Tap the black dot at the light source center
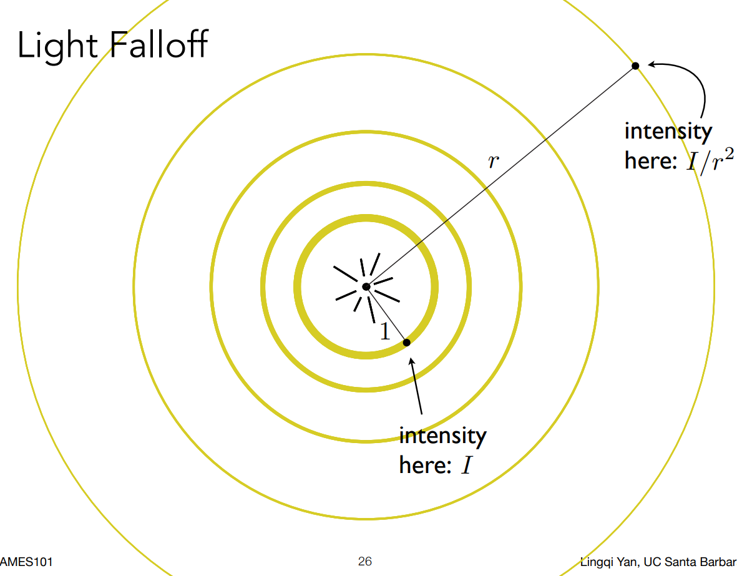(x=366, y=286)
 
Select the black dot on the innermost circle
(x=406, y=342)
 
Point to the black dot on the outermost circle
(x=635, y=66)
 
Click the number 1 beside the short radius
(x=385, y=332)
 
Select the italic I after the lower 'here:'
(x=466, y=466)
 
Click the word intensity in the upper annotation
(x=668, y=132)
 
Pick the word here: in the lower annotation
(x=425, y=465)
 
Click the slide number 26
(x=365, y=562)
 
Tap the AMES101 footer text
(x=26, y=562)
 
